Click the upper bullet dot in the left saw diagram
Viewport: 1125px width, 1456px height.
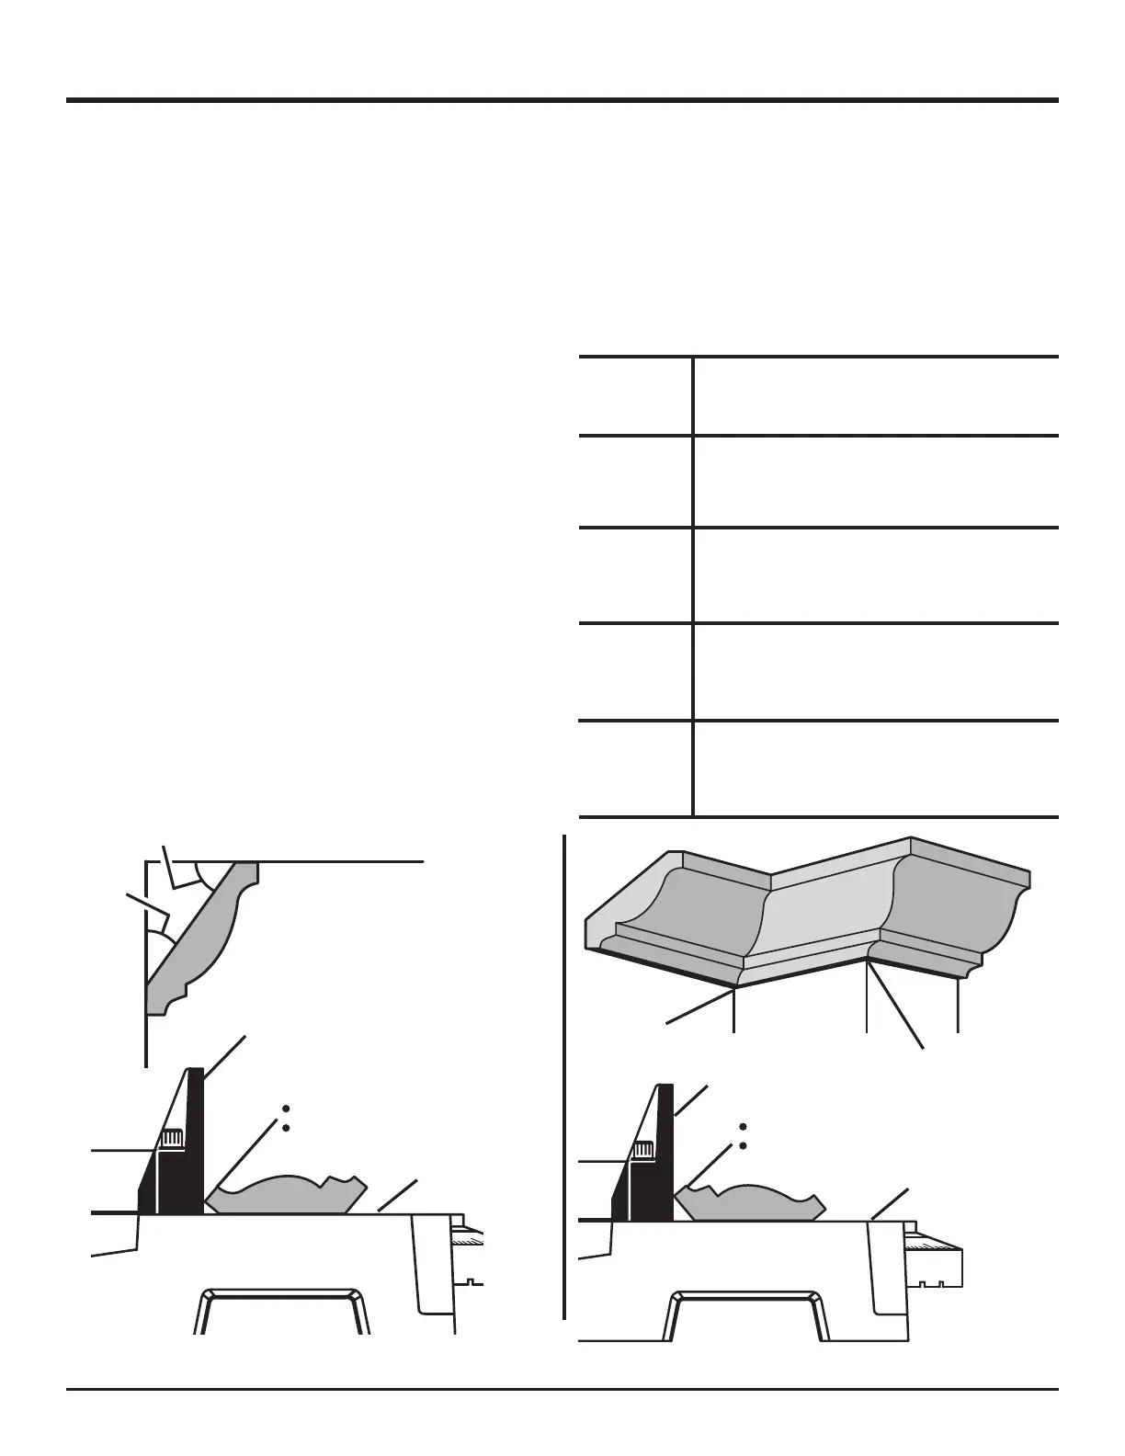(286, 1108)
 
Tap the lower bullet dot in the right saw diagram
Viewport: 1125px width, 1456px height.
(743, 1146)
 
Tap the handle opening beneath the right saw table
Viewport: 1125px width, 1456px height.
(745, 1319)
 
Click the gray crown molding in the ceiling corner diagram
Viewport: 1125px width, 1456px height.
(202, 938)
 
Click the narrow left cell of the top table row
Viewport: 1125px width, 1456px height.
(635, 396)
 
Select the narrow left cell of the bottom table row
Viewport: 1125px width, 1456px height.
(635, 768)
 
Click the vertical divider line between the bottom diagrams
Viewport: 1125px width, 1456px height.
(563, 1075)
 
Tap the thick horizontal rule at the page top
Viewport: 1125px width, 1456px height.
(562, 100)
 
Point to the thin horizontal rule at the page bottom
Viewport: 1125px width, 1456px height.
(562, 1390)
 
